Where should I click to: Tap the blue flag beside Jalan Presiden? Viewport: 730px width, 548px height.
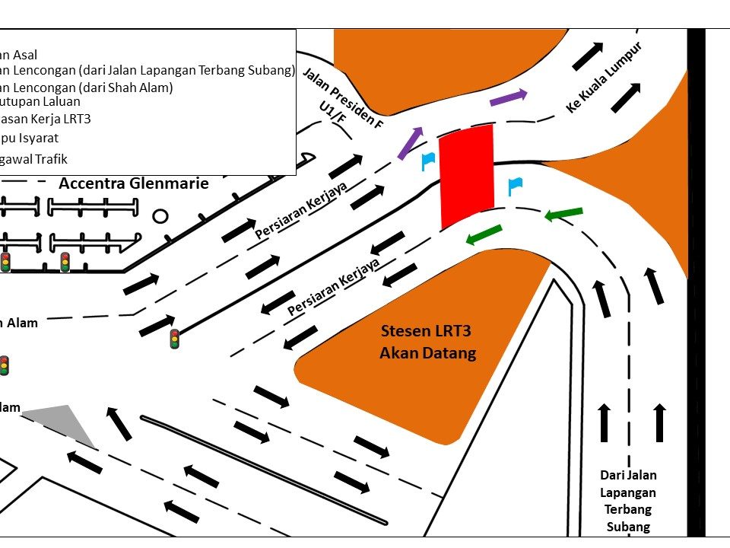click(427, 160)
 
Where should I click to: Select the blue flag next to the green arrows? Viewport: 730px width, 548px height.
click(515, 185)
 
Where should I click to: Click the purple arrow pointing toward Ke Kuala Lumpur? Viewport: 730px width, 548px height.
click(508, 97)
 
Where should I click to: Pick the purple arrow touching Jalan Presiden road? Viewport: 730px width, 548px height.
click(410, 142)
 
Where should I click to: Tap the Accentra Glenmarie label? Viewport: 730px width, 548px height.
click(134, 183)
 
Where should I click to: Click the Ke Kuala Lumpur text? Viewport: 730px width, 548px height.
click(605, 78)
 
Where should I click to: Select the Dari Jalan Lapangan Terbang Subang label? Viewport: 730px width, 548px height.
click(628, 501)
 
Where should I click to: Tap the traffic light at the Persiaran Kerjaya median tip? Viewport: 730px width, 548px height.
click(175, 339)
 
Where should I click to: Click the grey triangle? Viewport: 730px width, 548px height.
click(65, 421)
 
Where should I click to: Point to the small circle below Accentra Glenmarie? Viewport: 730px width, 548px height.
click(160, 217)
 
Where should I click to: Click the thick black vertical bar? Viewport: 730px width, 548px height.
click(696, 282)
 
